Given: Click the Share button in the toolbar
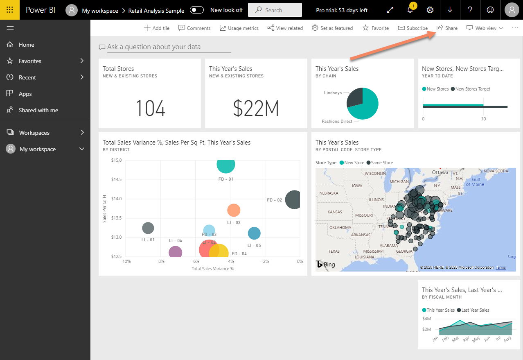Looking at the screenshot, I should click(x=447, y=28).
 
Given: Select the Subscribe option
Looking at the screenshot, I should click(x=413, y=28).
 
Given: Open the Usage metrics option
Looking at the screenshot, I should click(x=239, y=28).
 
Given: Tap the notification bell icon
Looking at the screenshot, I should click(x=410, y=10).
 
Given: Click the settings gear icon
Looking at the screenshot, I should click(x=430, y=10).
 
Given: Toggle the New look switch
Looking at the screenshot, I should click(x=197, y=10).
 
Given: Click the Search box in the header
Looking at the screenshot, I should click(x=275, y=10).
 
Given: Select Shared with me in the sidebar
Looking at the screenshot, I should click(x=38, y=110).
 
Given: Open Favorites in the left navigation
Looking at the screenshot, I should click(x=30, y=61).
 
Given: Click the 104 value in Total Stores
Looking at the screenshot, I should click(x=150, y=109).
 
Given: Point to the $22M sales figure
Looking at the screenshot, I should click(x=256, y=109).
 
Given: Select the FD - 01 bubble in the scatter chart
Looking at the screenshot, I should click(x=225, y=165).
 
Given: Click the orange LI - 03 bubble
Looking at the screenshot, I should click(x=234, y=211).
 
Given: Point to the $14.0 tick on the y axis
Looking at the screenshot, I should click(x=116, y=199).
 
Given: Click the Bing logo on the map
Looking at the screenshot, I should click(x=326, y=265).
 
